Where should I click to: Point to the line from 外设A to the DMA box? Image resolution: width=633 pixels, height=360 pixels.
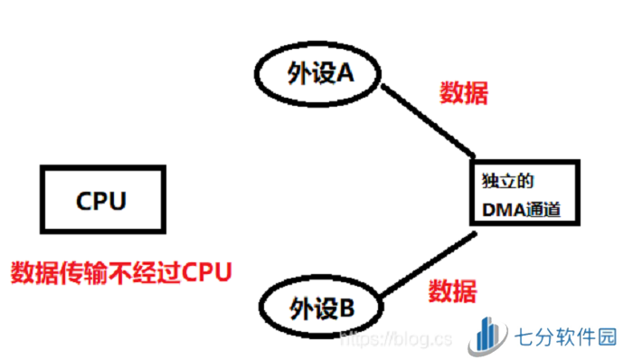click(x=429, y=121)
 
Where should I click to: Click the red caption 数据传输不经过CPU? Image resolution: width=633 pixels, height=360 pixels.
click(x=120, y=271)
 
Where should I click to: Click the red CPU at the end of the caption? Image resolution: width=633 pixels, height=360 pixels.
click(x=204, y=271)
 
